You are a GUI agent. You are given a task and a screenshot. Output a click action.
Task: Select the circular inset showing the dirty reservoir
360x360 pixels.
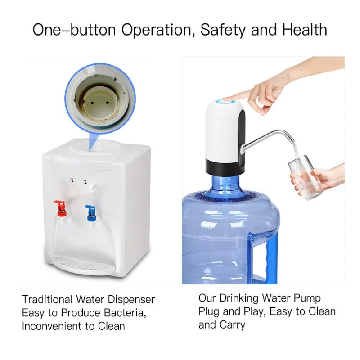point(100,96)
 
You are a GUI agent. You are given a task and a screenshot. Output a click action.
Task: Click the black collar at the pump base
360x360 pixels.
point(224,166)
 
